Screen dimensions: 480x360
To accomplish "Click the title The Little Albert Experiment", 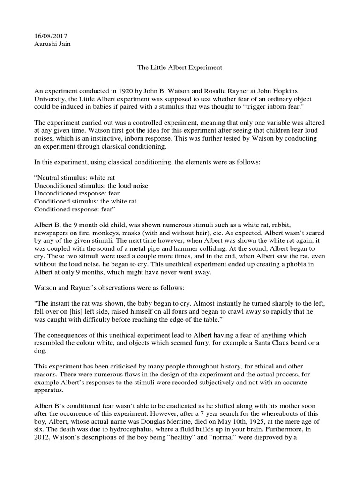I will (x=179, y=67).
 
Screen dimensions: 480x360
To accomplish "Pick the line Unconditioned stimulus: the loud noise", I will (x=91, y=186).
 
